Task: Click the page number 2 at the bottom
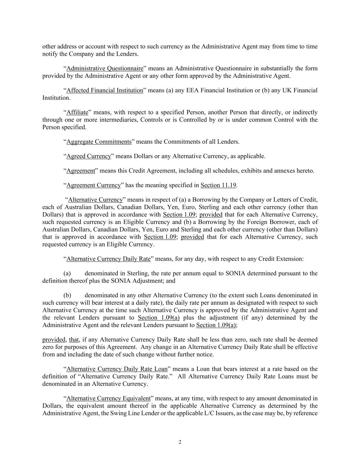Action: click(180, 442)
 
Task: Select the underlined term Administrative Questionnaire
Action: click(105, 68)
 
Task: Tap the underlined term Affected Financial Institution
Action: click(105, 90)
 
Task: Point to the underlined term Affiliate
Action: click(77, 112)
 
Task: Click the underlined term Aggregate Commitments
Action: click(99, 142)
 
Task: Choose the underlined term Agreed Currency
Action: click(89, 156)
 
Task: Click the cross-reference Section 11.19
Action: click(218, 185)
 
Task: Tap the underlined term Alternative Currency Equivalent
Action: click(109, 398)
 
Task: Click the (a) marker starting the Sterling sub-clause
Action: click(67, 273)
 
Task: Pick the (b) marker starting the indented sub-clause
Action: click(67, 295)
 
